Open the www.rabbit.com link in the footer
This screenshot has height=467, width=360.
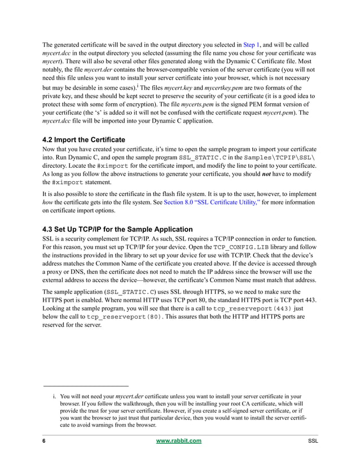coord(178,440)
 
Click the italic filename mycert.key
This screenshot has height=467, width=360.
coord(178,88)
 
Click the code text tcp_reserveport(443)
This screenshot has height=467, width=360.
coord(250,310)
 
